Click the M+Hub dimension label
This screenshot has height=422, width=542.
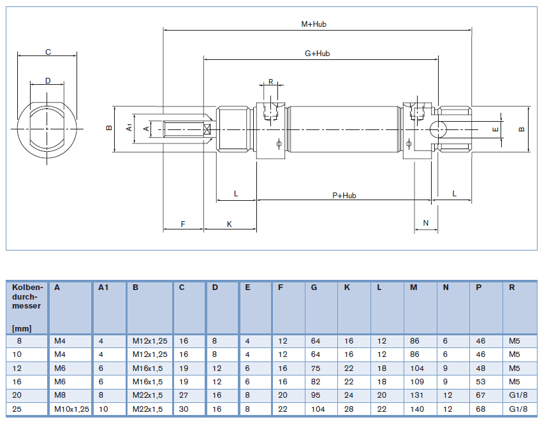click(314, 24)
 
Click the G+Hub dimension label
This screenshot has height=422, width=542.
click(317, 54)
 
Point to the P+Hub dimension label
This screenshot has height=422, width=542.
click(344, 195)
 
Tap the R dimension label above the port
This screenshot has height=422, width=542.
click(270, 82)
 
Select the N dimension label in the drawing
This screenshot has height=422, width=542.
click(426, 223)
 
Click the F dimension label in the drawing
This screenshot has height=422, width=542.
click(183, 224)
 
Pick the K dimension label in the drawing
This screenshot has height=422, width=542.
click(230, 224)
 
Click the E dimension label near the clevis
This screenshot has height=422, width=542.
click(495, 129)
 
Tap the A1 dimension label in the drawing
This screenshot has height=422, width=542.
click(129, 127)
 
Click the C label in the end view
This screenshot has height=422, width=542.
click(48, 52)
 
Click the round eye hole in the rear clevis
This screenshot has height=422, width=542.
click(439, 129)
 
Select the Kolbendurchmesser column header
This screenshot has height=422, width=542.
click(27, 296)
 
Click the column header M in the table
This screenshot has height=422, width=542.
click(414, 287)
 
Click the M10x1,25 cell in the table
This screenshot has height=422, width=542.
click(71, 409)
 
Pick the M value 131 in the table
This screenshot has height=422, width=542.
click(416, 395)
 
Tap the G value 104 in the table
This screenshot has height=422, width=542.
click(317, 409)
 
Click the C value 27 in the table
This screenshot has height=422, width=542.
click(184, 395)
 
